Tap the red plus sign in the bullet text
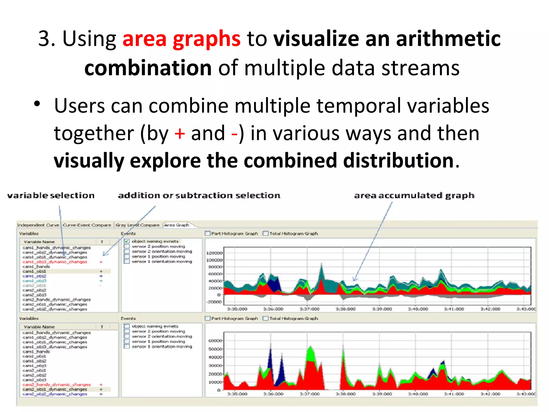click(180, 133)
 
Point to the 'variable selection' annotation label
click(51, 196)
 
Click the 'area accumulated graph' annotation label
click(414, 196)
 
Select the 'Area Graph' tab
click(177, 225)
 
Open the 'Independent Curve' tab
click(38, 225)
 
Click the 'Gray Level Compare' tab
click(138, 225)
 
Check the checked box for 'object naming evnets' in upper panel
click(127, 241)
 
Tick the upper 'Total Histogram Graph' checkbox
click(266, 233)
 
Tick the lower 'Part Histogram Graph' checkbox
click(207, 318)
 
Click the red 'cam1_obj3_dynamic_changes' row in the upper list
click(55, 262)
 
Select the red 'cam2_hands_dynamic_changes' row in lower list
click(57, 385)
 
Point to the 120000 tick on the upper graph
click(214, 253)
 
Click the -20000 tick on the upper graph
click(214, 302)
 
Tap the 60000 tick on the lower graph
click(215, 341)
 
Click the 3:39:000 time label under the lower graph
click(382, 394)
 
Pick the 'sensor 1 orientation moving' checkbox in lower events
click(127, 347)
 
